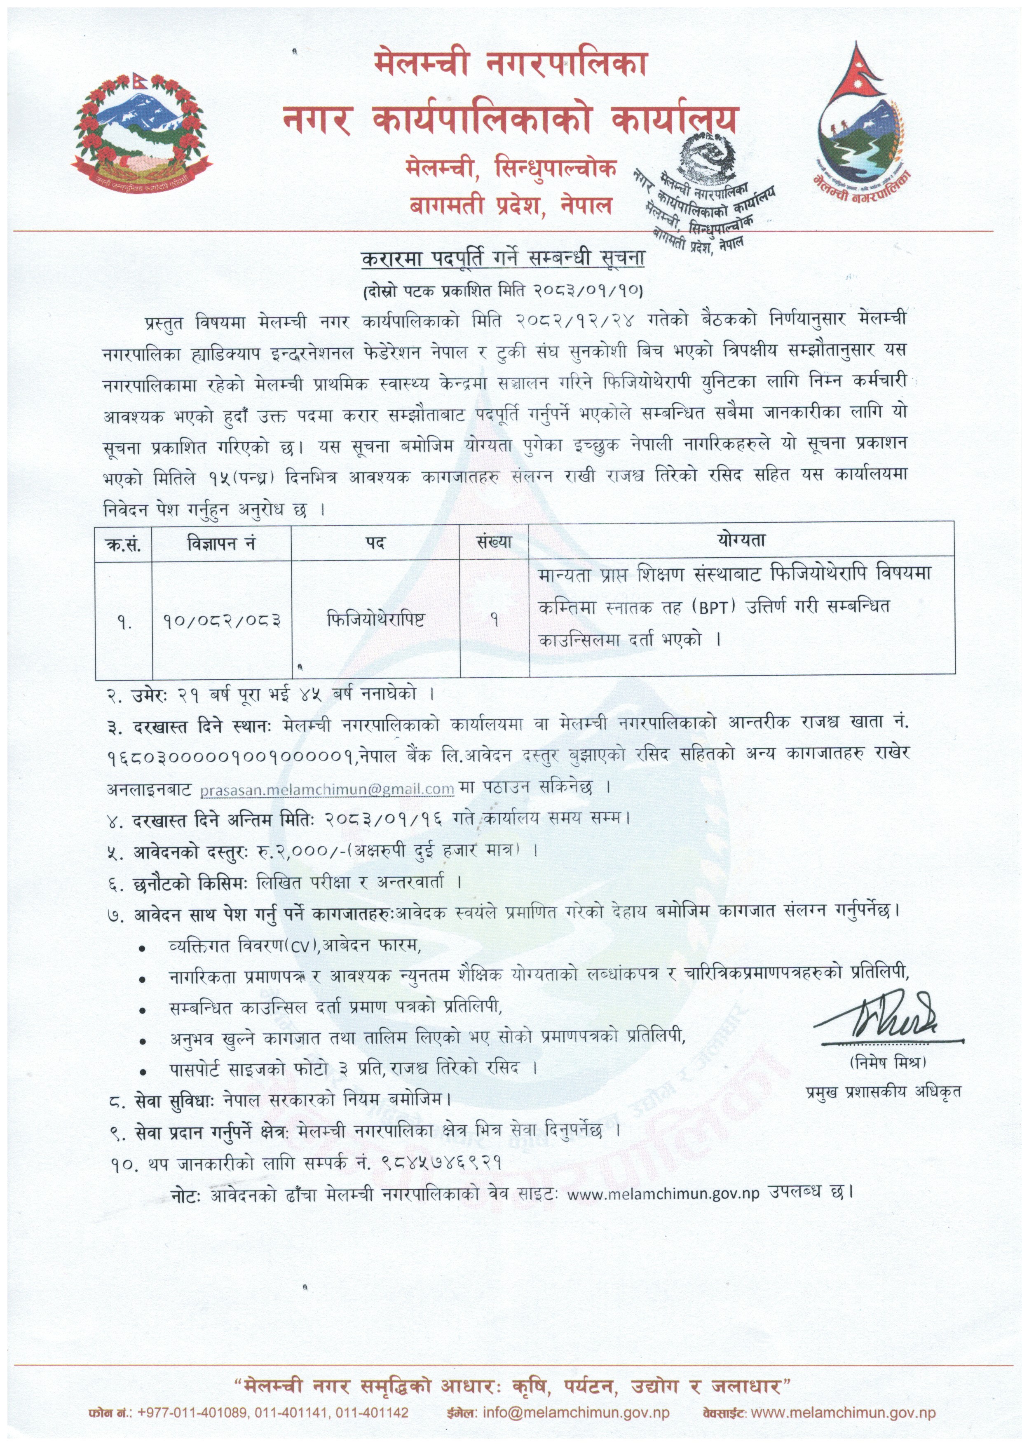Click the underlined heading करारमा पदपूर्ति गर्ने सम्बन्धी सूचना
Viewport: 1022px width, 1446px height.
503,259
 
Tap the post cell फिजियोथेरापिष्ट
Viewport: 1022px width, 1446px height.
375,620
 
